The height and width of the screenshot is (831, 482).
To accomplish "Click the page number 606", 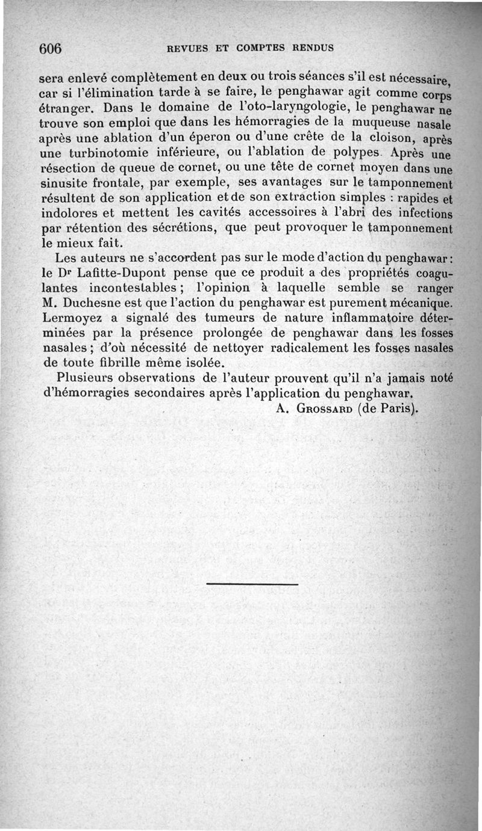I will (x=51, y=49).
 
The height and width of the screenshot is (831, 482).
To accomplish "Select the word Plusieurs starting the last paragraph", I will (x=87, y=378).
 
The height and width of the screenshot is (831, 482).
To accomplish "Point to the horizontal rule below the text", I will (x=252, y=584).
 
